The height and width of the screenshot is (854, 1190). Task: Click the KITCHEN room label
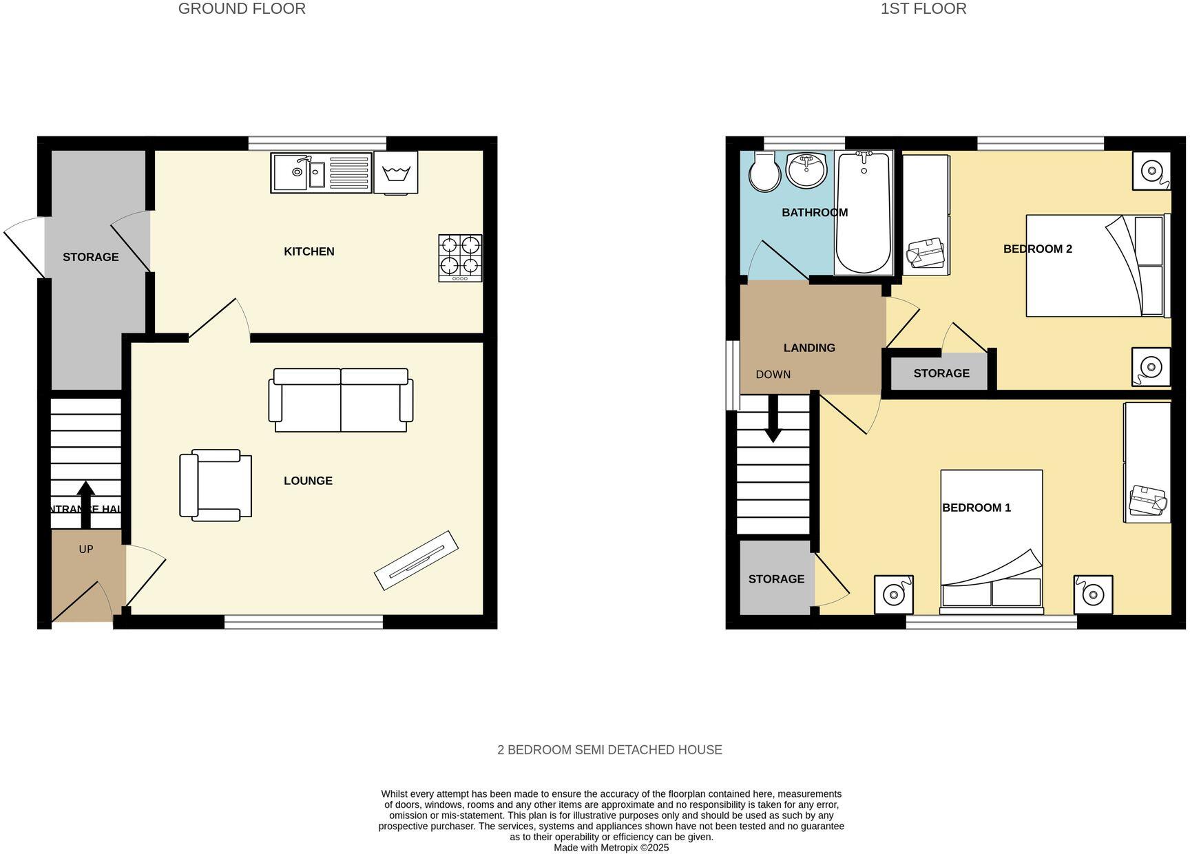(309, 251)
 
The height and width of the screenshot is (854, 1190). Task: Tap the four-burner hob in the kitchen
(460, 258)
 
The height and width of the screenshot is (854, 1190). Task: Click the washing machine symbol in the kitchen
(396, 171)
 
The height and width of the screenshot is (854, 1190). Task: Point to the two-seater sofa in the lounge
(341, 401)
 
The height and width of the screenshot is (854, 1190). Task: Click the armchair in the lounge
(215, 485)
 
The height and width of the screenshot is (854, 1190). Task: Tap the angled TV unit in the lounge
(416, 560)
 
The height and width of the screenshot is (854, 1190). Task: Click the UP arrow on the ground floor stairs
(85, 503)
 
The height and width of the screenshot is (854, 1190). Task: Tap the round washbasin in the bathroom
(806, 169)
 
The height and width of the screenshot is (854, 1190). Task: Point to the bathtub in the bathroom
(863, 213)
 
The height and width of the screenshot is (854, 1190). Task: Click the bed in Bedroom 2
(1095, 266)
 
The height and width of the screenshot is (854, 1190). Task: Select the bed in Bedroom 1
(991, 541)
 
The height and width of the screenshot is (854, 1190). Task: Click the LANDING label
(809, 348)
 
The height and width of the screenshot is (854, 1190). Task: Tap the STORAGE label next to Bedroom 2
(941, 373)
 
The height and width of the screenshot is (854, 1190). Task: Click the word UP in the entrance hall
(86, 549)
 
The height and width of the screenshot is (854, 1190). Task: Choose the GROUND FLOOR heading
(242, 9)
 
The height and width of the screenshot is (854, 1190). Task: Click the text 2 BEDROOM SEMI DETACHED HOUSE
(609, 750)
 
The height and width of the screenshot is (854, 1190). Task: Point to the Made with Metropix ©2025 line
(611, 848)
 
